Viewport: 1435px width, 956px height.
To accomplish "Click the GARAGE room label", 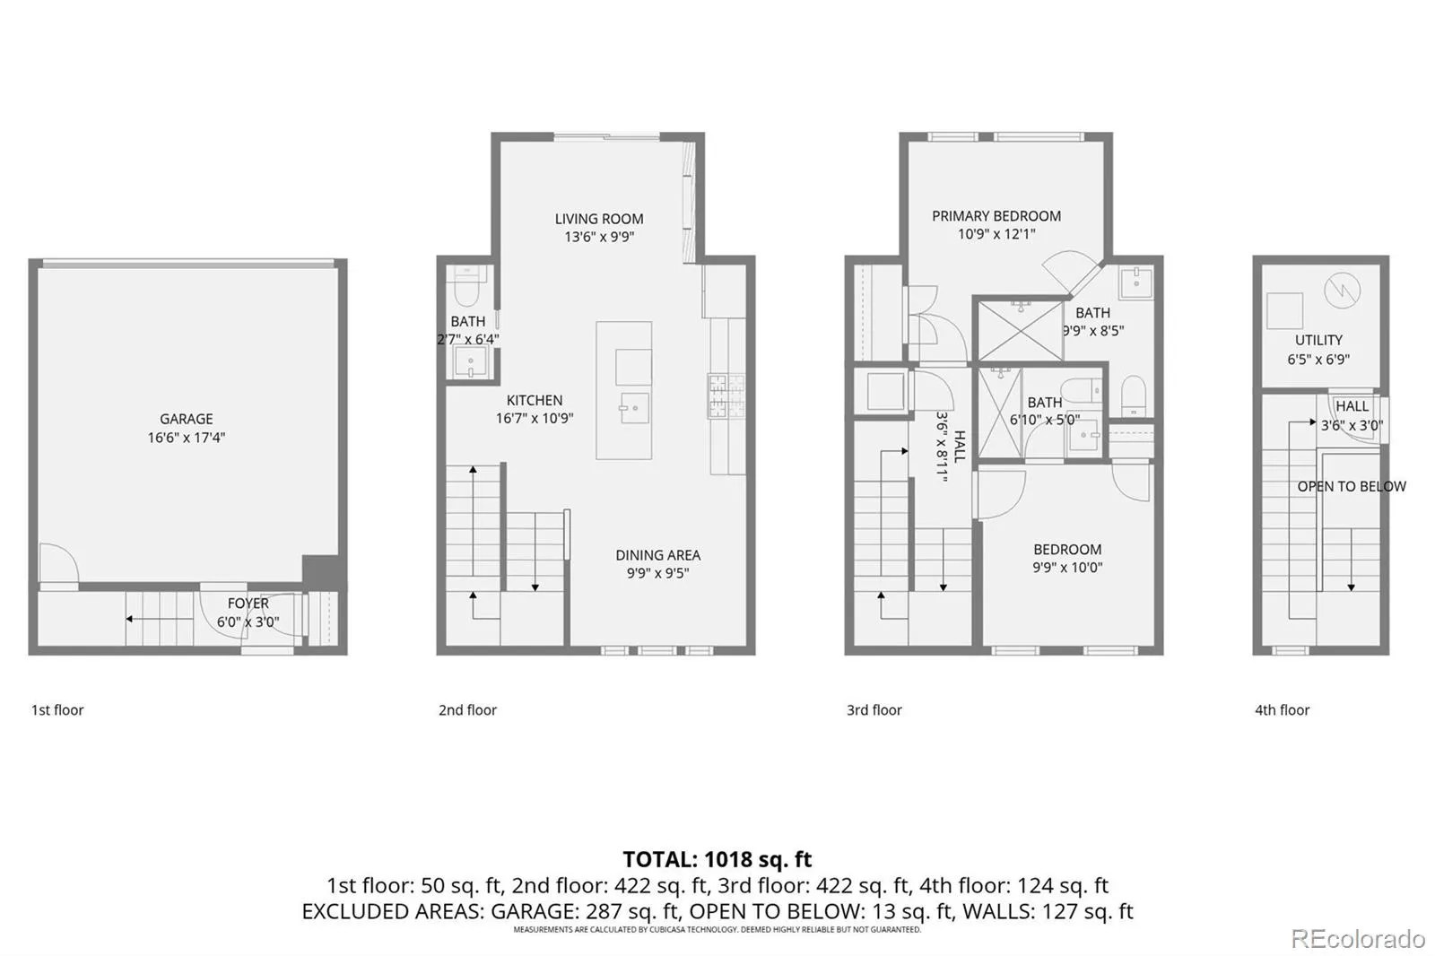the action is click(187, 419).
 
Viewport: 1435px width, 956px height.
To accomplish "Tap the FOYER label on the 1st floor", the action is click(248, 604).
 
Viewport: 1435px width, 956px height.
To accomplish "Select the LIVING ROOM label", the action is click(599, 219).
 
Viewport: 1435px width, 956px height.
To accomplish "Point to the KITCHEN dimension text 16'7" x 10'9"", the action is click(535, 419).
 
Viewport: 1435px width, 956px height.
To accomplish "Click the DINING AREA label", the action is click(658, 555).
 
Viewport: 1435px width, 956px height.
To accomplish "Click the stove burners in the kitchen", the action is click(726, 396).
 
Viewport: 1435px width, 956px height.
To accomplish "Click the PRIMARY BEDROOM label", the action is click(996, 216).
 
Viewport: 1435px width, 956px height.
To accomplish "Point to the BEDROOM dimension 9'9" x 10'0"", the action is click(1067, 567).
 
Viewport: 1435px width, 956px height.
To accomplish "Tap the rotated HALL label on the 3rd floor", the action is click(960, 447).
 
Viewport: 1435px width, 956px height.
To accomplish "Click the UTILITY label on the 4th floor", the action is click(1318, 340).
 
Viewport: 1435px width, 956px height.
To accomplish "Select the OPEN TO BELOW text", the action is click(1352, 487).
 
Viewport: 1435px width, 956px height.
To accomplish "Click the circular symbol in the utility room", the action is click(1342, 291).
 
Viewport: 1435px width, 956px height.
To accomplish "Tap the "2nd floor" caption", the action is click(467, 710).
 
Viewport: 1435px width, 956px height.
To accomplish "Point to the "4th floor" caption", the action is click(1282, 710).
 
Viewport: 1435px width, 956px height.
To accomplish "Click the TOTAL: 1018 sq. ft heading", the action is click(717, 858).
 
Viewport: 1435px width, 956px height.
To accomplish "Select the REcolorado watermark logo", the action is click(1358, 939).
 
